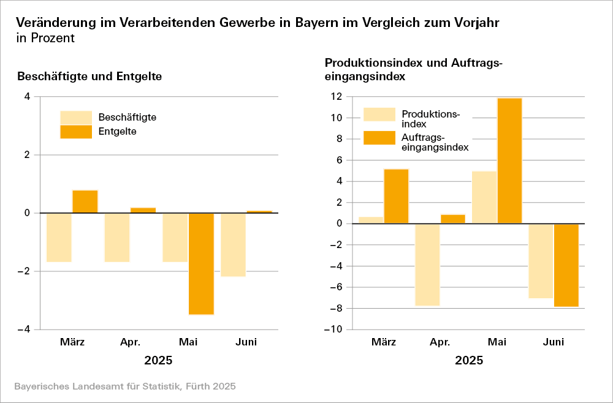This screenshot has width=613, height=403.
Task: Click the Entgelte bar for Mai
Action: (x=201, y=263)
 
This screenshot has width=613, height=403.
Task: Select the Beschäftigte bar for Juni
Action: (x=234, y=245)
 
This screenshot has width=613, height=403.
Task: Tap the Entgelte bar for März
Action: (x=85, y=201)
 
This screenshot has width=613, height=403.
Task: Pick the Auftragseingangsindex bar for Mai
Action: (x=509, y=161)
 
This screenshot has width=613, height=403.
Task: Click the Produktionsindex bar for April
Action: (x=428, y=265)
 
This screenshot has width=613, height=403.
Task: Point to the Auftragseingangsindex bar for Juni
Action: (x=566, y=265)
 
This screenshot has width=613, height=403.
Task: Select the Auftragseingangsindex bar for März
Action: (x=396, y=197)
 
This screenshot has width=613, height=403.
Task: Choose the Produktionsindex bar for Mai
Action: (x=484, y=198)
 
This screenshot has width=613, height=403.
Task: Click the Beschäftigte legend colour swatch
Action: (x=76, y=118)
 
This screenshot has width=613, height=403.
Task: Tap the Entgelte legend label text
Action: (x=117, y=132)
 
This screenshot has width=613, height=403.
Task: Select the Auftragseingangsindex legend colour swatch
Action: (x=379, y=138)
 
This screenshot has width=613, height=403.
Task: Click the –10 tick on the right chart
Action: (x=333, y=330)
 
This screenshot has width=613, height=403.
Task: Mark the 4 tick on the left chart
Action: (x=27, y=96)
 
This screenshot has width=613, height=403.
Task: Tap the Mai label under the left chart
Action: (x=188, y=342)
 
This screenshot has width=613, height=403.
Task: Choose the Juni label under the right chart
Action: (x=554, y=342)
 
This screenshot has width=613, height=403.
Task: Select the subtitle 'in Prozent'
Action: (x=45, y=38)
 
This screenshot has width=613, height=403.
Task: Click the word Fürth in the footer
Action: (x=198, y=386)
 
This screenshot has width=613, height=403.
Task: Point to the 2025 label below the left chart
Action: (x=158, y=360)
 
